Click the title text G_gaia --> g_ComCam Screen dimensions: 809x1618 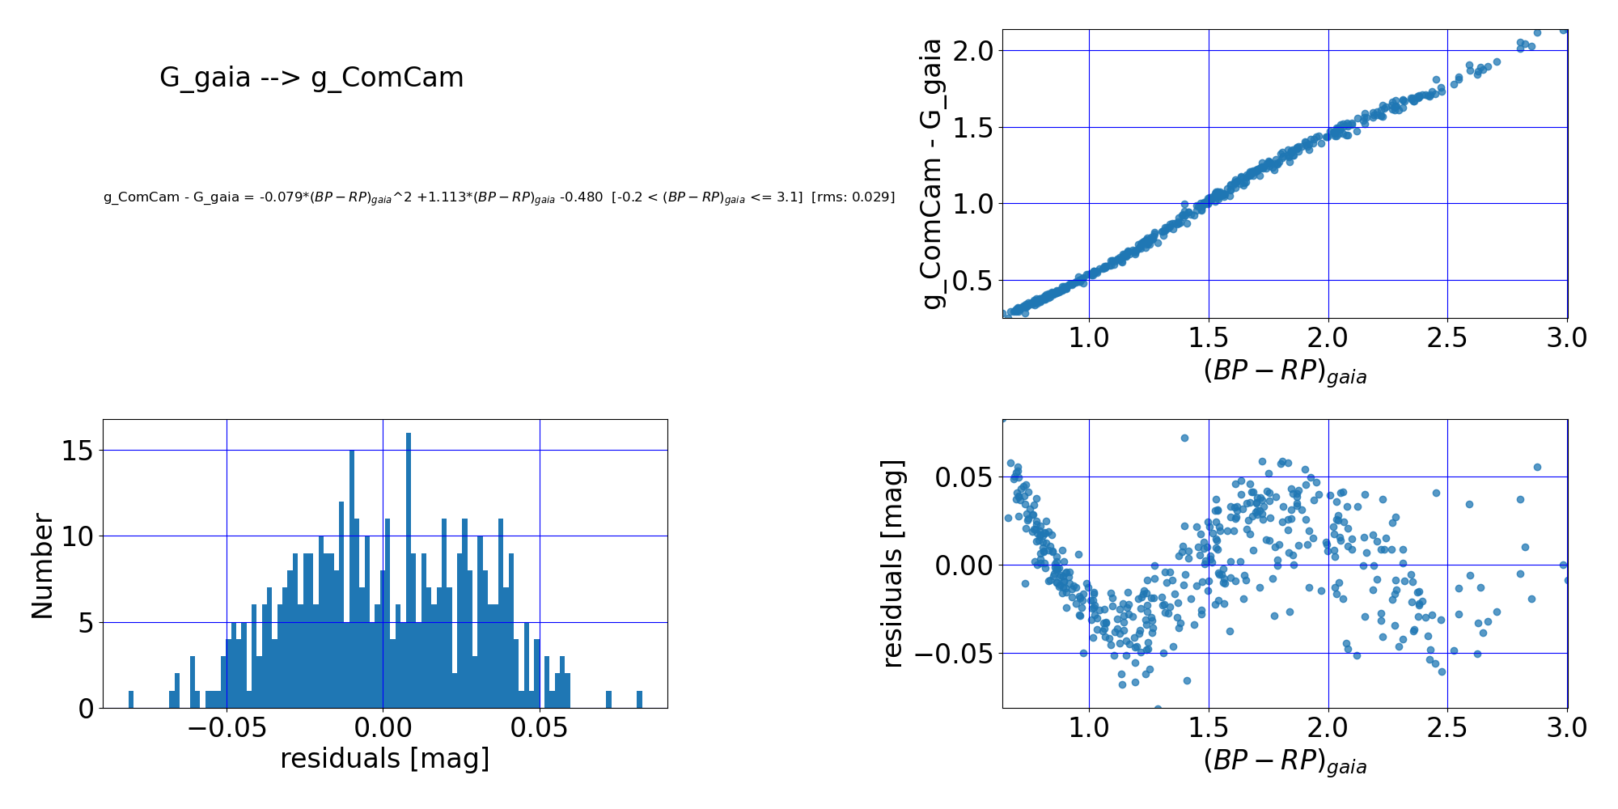click(x=311, y=78)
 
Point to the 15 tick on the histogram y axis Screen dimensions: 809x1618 click(x=78, y=451)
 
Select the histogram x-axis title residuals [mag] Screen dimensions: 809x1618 click(x=384, y=759)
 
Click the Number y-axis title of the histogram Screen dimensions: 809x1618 click(x=42, y=566)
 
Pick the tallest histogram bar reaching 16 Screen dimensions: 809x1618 click(x=409, y=566)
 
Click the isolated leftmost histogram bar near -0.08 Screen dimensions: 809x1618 click(x=131, y=700)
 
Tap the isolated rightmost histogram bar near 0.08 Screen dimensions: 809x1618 click(x=639, y=700)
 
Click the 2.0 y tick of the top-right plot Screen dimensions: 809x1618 click(x=974, y=51)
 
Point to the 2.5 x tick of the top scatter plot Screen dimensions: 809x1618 click(x=1447, y=337)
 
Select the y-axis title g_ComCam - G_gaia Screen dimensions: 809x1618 click(x=934, y=173)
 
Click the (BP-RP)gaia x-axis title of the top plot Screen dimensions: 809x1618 click(x=1285, y=372)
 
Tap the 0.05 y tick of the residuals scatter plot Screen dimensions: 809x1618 click(x=962, y=477)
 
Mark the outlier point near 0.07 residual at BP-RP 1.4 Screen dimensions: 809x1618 click(x=1184, y=438)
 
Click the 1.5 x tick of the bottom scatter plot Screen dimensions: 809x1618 click(x=1209, y=727)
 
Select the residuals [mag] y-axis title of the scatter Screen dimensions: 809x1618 click(x=892, y=563)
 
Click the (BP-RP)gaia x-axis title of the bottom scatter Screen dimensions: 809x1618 click(x=1285, y=762)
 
